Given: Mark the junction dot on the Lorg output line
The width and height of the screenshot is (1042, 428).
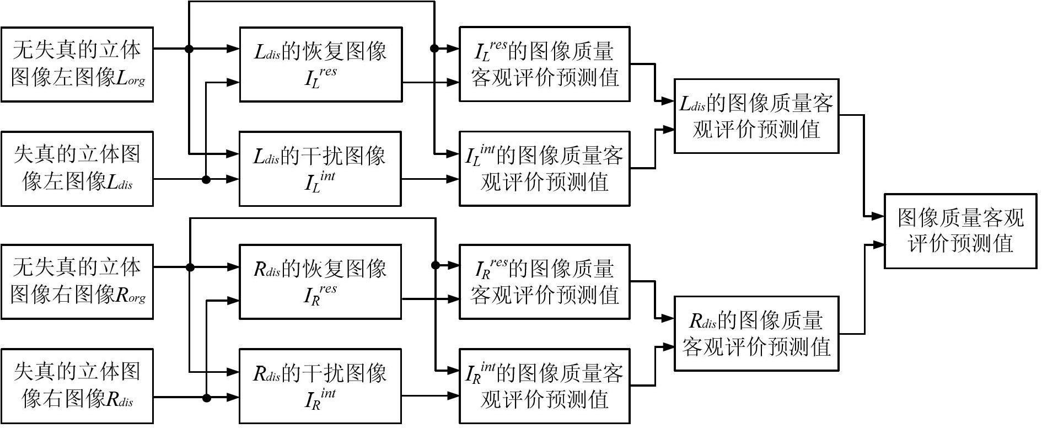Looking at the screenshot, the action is click(x=189, y=49).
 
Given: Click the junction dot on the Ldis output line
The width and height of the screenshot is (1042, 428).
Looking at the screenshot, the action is click(x=206, y=180).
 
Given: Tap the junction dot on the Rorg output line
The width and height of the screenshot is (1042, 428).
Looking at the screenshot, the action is click(x=190, y=267).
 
